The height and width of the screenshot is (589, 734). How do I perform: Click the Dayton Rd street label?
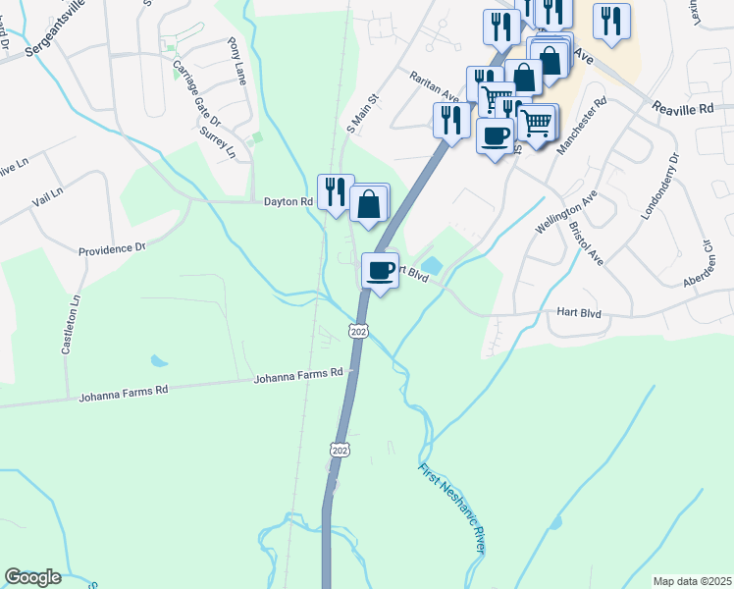[x=288, y=201]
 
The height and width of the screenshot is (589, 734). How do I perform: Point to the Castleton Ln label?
[x=74, y=314]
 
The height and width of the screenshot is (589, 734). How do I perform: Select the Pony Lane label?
[x=237, y=62]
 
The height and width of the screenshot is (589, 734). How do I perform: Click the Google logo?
[x=33, y=577]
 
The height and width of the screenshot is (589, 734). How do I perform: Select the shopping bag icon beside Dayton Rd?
[x=369, y=204]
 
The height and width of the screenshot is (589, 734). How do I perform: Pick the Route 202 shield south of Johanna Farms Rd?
[x=340, y=450]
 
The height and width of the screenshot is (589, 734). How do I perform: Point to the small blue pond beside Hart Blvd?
[x=433, y=265]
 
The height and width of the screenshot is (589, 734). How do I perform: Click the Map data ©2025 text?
[x=692, y=581]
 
